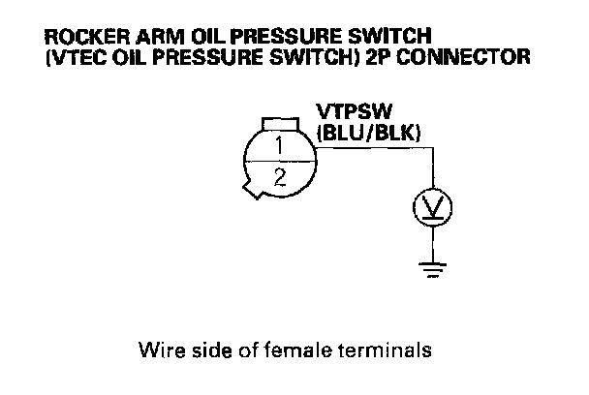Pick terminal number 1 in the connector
point(278,146)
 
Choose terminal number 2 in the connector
point(278,176)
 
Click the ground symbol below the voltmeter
point(427,268)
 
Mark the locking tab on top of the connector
point(278,122)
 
